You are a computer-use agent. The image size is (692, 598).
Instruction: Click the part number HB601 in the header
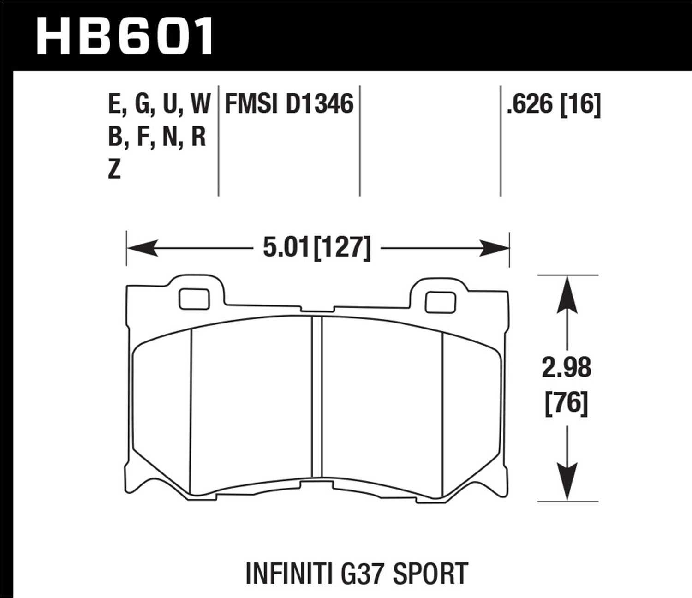125,36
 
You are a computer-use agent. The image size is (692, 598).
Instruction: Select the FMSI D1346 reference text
289,104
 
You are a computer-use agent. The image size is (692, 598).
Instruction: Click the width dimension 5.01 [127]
316,248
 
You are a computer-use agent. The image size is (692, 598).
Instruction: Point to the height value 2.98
567,368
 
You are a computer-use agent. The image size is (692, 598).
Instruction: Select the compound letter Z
114,170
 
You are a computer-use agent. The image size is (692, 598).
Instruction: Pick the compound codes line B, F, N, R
157,137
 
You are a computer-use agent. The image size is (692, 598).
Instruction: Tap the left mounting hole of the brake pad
194,299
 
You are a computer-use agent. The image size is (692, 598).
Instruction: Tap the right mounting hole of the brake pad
441,302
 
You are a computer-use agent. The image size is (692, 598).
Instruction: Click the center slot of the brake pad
316,397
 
